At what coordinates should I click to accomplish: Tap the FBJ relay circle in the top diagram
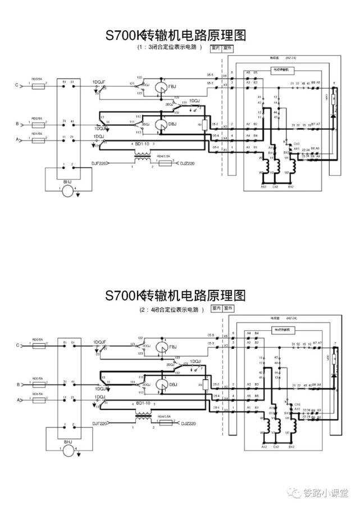pos(161,86)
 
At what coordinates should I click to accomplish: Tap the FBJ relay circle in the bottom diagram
pos(161,346)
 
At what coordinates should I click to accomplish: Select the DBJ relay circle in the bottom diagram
pos(161,385)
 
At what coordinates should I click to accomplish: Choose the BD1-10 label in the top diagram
pos(143,145)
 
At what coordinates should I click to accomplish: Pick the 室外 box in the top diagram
pos(227,48)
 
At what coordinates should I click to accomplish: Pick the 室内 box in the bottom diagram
pos(216,308)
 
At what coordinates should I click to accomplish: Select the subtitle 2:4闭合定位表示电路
pos(168,308)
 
